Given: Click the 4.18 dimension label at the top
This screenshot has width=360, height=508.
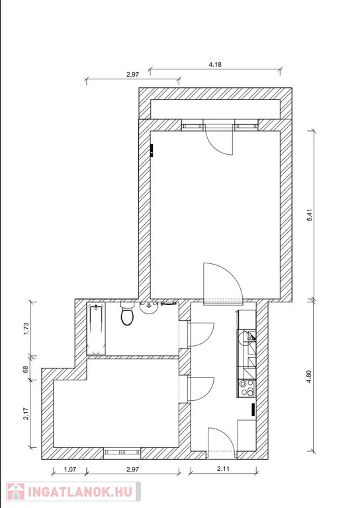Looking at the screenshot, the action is coord(215,64).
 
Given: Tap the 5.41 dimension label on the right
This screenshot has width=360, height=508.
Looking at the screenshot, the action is coord(310,216).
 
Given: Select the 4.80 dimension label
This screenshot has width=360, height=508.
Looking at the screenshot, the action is coord(310,377).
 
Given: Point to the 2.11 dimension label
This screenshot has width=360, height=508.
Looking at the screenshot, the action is coord(223,468).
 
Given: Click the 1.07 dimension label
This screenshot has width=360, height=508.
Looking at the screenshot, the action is coord(70,469).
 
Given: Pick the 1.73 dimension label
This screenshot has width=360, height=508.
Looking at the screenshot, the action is coord(26,329).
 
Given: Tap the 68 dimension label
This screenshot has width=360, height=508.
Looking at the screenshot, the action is coord(26,369).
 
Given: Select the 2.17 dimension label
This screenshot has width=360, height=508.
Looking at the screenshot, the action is coord(26,413).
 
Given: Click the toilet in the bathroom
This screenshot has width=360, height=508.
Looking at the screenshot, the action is coord(127,313).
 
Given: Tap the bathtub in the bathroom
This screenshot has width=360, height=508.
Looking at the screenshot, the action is coord(96,329).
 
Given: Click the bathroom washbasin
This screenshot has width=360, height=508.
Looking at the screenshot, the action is coord(149,308).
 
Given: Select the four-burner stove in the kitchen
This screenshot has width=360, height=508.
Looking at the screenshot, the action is coord(246,388).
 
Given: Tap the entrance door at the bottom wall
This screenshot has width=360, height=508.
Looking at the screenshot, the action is coord(221,440).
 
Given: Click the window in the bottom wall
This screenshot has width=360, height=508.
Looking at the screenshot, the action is coord(122,453).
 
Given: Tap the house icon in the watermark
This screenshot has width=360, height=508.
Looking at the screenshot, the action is coord(16,491).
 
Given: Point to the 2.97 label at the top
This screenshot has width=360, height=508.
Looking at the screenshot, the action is coord(132,74).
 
